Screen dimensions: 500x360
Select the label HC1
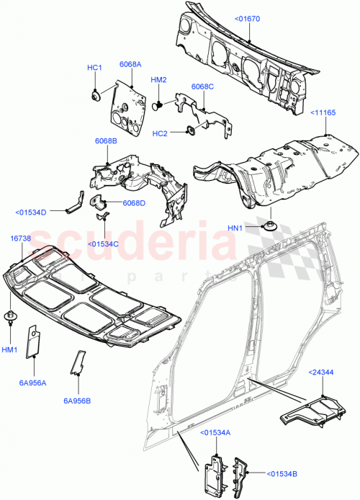(x=95, y=67)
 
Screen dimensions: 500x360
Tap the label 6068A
(x=130, y=63)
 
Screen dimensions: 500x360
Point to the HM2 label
(x=158, y=80)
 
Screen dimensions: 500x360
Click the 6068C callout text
(x=202, y=86)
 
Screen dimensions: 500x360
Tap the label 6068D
(x=134, y=202)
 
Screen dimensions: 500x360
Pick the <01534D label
(x=30, y=212)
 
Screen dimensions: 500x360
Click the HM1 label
(x=10, y=349)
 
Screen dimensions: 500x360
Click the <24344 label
(x=324, y=372)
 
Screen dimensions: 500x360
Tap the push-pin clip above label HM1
(x=10, y=316)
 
